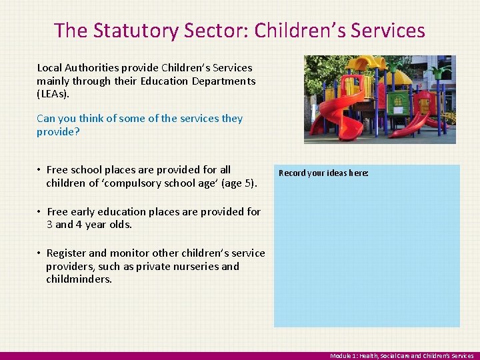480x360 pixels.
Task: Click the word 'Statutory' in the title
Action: pyautogui.click(x=124, y=31)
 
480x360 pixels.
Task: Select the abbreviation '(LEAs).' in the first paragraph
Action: pyautogui.click(x=53, y=94)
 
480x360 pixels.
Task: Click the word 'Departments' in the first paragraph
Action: pyautogui.click(x=223, y=81)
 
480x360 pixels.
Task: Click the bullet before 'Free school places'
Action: pyautogui.click(x=40, y=170)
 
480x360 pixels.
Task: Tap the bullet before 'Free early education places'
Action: pyautogui.click(x=40, y=212)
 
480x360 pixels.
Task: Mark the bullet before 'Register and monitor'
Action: pyautogui.click(x=40, y=253)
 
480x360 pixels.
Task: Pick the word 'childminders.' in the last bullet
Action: pyautogui.click(x=79, y=279)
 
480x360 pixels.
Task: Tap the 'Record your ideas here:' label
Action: pyautogui.click(x=323, y=173)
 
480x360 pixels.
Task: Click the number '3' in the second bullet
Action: pyautogui.click(x=50, y=225)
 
